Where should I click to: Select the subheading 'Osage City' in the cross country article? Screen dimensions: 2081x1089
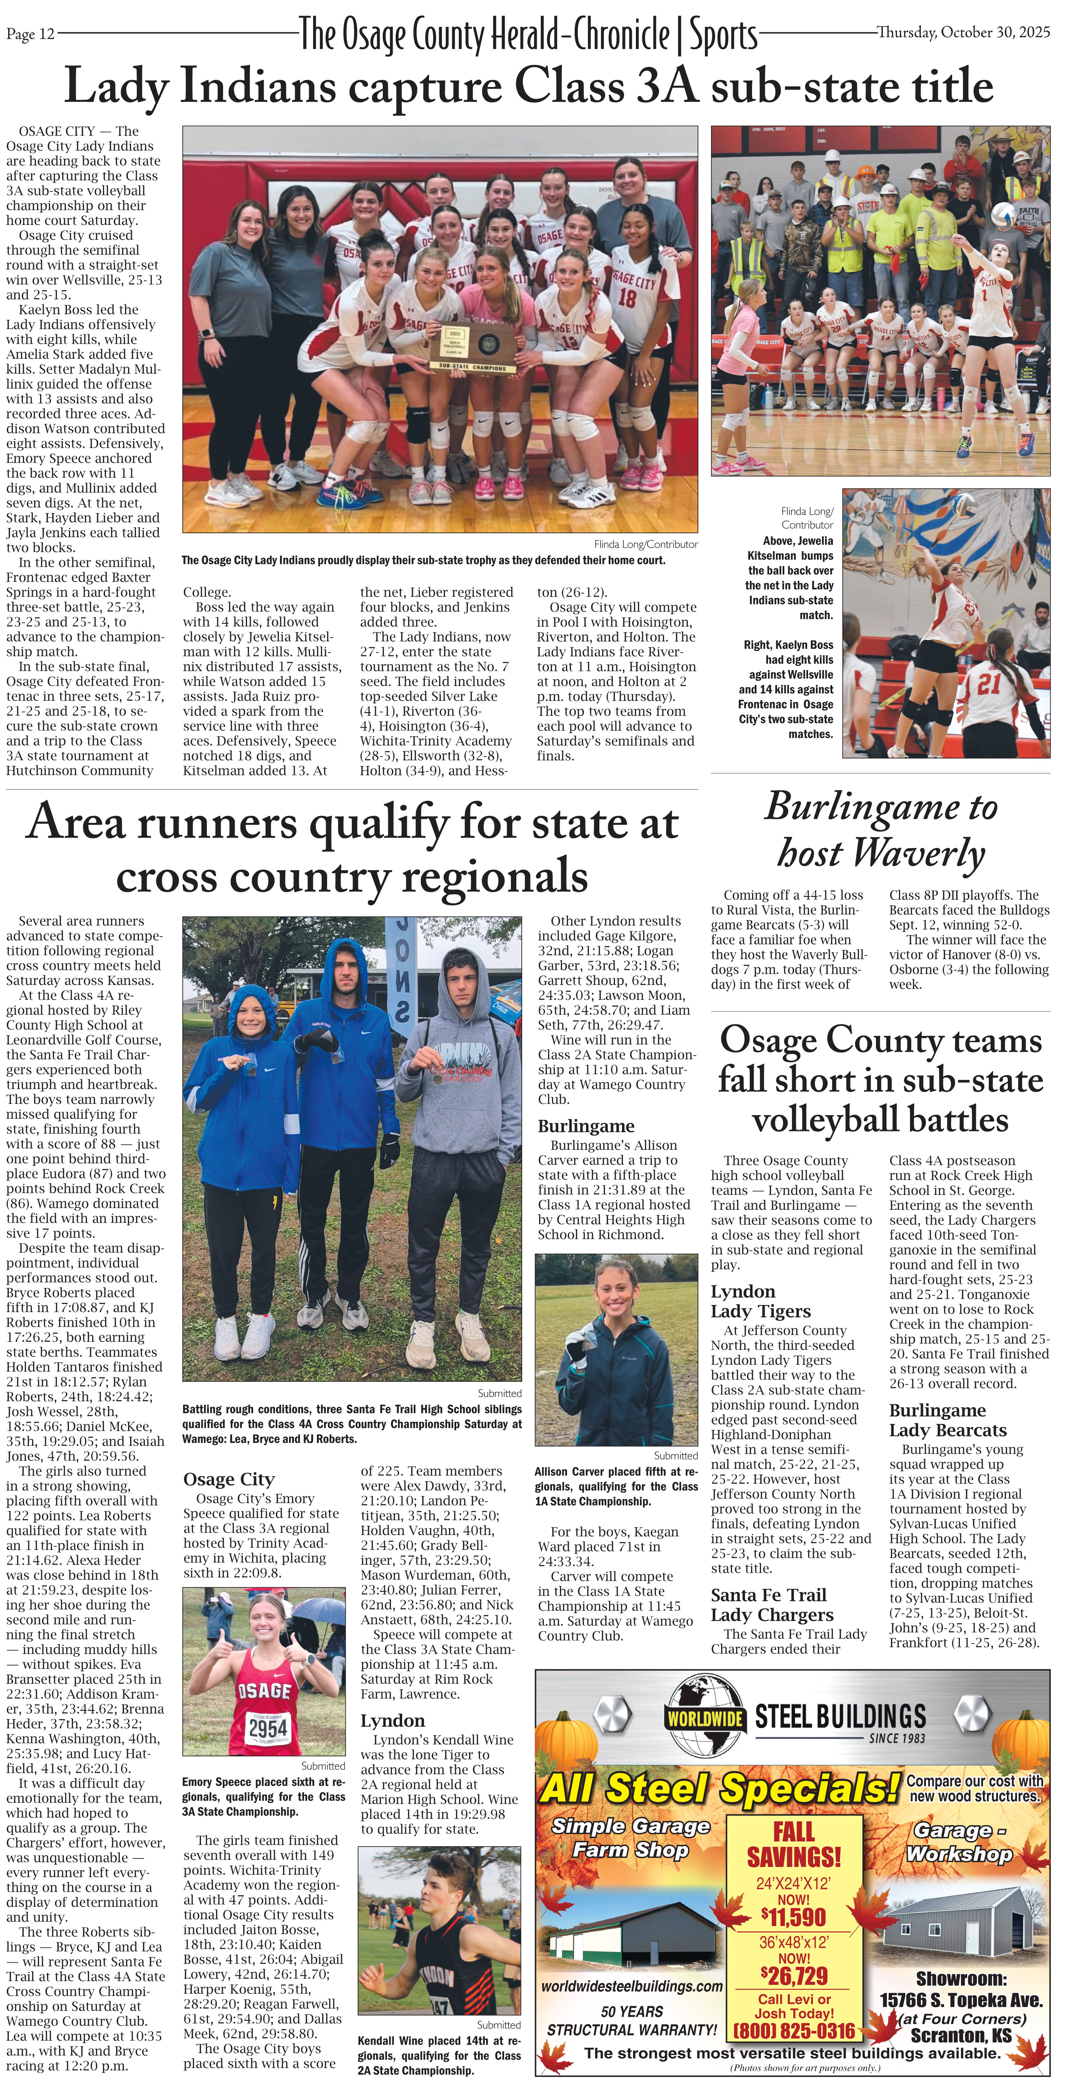[x=229, y=1478]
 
